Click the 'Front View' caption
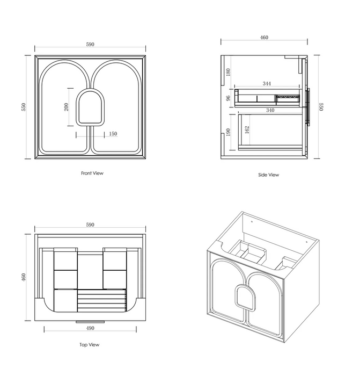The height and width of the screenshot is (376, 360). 92,173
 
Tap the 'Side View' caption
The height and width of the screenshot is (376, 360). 268,175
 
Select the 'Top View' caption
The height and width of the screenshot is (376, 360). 90,345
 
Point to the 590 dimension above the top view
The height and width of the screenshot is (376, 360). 90,225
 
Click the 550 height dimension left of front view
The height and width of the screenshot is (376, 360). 24,107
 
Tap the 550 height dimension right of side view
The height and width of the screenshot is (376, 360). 321,107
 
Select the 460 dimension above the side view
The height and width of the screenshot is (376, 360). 264,38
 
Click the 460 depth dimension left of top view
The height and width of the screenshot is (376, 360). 24,278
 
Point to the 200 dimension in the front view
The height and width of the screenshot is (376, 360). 66,106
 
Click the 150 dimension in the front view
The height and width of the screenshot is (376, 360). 113,134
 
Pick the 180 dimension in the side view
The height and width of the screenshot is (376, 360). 228,72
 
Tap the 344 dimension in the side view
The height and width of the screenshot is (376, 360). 267,84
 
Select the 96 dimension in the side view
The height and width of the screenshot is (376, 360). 228,98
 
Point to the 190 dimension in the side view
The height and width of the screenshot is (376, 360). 228,132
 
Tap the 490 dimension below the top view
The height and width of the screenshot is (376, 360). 90,328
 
